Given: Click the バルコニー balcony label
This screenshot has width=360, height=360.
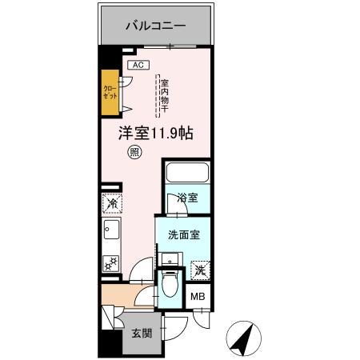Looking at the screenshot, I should tap(156, 26).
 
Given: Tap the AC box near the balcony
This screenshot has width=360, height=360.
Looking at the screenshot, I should tap(136, 65).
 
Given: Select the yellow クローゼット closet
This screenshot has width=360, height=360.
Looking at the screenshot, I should tap(110, 90).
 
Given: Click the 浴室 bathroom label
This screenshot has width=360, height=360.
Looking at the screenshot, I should tap(188, 198).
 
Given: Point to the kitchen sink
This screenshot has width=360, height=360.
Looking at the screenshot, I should tap(110, 234).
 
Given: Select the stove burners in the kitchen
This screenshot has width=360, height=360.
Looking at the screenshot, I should tap(110, 262).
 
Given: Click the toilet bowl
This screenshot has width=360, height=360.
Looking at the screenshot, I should tap(170, 284).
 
